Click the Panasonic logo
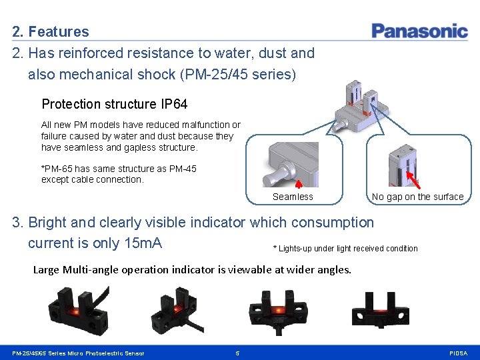point(419,31)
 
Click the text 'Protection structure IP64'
point(115,104)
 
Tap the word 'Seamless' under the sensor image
point(293,197)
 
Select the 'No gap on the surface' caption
point(417,197)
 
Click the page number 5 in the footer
point(237,353)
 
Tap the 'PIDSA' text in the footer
point(459,353)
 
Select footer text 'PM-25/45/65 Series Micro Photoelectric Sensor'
point(78,353)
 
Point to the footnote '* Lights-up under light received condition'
point(345,249)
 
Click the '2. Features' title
point(51,31)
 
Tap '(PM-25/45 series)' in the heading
point(238,74)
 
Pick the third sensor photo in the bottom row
point(277,308)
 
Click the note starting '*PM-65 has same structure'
point(119,174)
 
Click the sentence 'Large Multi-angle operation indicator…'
point(192,269)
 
